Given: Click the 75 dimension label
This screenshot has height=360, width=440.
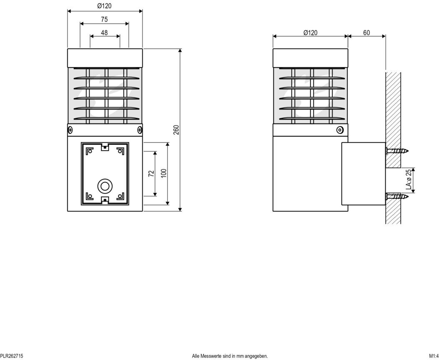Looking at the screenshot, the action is (x=104, y=19).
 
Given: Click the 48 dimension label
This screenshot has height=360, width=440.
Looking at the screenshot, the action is (x=104, y=33).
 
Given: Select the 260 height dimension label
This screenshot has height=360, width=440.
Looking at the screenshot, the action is (x=176, y=130).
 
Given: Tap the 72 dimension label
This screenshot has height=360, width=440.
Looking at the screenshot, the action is (x=151, y=173).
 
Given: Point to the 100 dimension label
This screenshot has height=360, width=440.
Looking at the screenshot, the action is (x=164, y=173).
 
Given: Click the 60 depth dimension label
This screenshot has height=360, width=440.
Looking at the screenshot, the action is (x=367, y=33).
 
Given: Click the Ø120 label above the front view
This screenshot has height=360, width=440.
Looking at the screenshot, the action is (x=105, y=6).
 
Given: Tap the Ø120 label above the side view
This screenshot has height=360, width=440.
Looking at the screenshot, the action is (x=310, y=33).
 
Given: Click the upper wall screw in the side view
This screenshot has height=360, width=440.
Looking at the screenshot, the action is (x=397, y=151).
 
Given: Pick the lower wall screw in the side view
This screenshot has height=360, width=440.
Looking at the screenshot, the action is (x=397, y=196).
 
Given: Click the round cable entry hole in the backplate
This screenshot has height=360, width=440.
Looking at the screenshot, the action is (x=105, y=186).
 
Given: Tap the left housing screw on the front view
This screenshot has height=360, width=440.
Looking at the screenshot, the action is (x=70, y=130).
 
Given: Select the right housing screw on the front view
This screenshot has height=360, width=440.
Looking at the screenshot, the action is (x=140, y=130).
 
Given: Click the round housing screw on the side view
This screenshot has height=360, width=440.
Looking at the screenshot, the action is (x=340, y=130).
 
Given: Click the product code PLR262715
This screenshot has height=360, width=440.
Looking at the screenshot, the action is (x=12, y=356).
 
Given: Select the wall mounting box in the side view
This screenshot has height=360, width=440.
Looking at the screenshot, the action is (x=363, y=174).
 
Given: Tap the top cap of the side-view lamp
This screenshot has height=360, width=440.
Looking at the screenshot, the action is (x=310, y=58).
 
